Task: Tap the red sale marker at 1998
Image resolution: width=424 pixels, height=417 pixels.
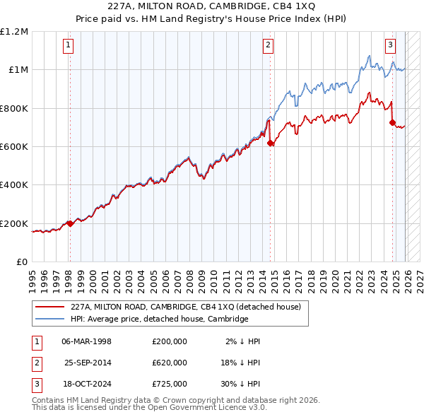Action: [70, 223]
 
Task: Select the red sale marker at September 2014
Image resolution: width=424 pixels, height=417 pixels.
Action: [271, 143]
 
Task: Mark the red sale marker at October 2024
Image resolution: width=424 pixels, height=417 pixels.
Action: [392, 123]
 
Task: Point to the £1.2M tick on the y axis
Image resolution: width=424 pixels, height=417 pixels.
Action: [14, 32]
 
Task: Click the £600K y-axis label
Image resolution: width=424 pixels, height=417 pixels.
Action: [14, 147]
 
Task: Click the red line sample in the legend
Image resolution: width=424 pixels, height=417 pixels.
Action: [49, 307]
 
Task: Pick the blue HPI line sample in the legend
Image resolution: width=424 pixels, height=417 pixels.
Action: [49, 319]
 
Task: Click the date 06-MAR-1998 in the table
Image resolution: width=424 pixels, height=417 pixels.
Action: [87, 341]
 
